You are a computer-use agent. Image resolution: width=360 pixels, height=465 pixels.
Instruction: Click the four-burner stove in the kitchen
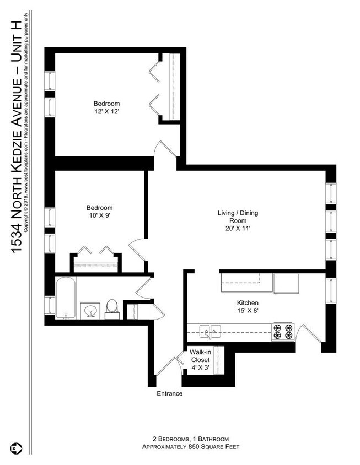coord(283,331)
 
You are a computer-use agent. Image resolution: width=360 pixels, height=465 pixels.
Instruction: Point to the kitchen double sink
coord(210,331)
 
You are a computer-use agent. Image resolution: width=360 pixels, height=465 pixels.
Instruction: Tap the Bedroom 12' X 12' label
coord(106,107)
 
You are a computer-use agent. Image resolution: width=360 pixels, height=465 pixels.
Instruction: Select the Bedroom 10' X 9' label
coord(99,212)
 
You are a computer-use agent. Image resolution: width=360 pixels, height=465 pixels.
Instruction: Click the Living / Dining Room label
coord(238,220)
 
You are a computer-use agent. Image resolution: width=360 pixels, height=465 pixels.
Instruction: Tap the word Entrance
coord(169,394)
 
